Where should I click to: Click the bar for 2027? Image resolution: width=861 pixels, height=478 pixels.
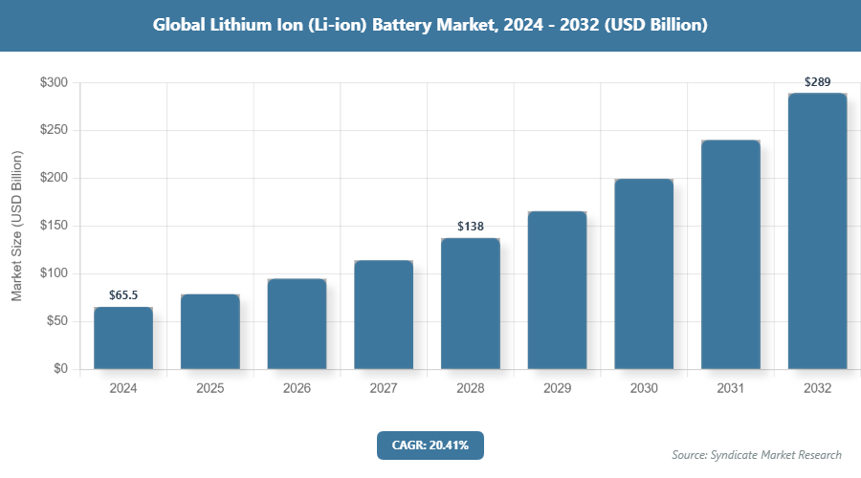pos(384,315)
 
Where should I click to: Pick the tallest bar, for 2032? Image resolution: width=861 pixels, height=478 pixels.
pos(817,230)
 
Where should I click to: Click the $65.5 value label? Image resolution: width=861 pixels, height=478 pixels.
pos(122,294)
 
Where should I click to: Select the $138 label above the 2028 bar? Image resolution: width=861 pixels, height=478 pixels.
pos(470,226)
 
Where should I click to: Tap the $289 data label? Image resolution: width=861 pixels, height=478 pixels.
pos(817,81)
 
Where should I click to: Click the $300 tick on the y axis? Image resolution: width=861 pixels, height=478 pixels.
pos(53,83)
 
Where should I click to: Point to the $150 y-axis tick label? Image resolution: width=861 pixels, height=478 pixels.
pos(53,226)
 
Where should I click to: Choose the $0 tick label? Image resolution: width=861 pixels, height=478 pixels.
pos(59,369)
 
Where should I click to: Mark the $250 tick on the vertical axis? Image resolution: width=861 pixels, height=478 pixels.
pos(53,131)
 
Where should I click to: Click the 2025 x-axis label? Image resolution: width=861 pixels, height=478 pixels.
pos(210,389)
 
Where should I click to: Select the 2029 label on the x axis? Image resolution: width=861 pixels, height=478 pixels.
pos(557,389)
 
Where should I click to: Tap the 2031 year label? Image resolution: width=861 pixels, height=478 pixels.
pos(731,389)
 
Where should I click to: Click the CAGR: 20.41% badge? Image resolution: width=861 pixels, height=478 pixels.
pos(430,445)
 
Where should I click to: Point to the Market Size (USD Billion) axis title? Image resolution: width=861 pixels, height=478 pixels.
pos(16,226)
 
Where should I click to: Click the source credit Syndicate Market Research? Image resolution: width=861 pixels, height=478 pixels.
pos(756,454)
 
